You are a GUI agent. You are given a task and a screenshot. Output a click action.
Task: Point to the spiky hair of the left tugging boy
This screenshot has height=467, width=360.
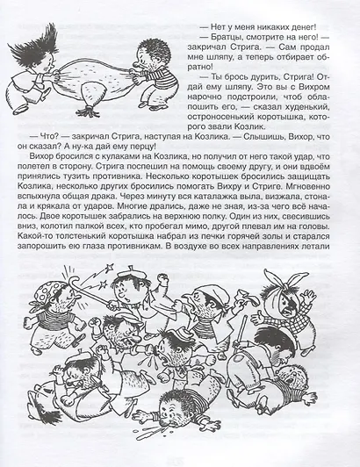(x=26, y=36)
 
